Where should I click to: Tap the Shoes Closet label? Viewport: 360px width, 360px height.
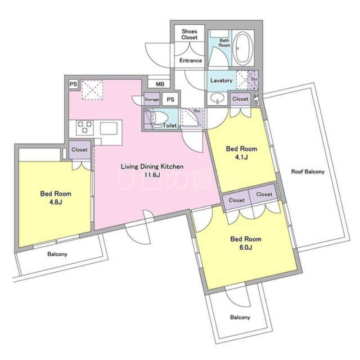coord(189,34)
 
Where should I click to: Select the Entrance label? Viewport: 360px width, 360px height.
coord(191,60)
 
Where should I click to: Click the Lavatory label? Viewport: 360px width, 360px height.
coord(221,81)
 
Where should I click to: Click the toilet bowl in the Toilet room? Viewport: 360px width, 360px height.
coord(158,119)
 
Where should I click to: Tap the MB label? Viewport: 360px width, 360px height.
coord(160,84)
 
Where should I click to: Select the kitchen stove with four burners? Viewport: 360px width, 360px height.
coord(84,127)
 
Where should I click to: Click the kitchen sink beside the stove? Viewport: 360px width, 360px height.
coord(108,127)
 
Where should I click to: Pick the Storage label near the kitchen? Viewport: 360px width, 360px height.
coord(152,99)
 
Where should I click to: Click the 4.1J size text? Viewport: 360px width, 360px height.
coord(241,157)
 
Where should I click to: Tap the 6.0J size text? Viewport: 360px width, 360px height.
coord(246,247)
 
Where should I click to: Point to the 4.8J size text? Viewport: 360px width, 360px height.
coord(56,202)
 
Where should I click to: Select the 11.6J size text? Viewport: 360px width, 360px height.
coord(152,175)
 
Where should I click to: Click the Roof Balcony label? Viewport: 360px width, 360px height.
coord(308,171)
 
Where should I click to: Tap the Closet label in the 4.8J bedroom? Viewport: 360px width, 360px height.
coord(80,149)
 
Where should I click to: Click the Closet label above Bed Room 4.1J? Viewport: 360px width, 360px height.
coord(240,99)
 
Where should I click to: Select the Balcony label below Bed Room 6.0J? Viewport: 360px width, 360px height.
coord(240,317)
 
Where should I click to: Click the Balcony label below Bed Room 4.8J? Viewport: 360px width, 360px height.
coord(57,254)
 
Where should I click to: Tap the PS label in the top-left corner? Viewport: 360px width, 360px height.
coord(72,84)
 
